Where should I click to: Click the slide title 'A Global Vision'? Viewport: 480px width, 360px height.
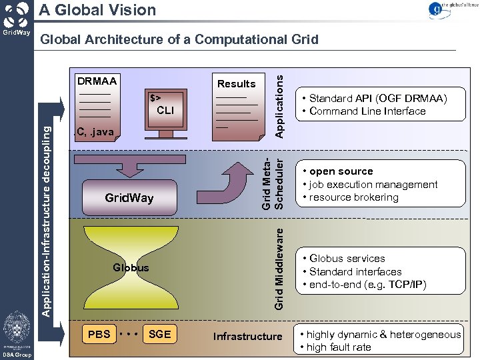click(97, 10)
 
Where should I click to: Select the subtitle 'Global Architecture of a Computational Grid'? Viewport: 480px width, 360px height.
click(179, 40)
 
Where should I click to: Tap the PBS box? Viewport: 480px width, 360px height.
click(99, 334)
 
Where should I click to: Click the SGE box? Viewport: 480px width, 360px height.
click(160, 334)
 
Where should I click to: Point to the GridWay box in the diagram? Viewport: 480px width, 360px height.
click(129, 197)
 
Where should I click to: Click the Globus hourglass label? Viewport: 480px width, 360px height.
click(131, 267)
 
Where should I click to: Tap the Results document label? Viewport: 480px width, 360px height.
click(236, 84)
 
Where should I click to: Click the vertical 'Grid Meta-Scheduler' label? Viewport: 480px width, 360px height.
click(273, 183)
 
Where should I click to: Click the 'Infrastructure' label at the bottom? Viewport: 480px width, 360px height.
click(247, 336)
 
